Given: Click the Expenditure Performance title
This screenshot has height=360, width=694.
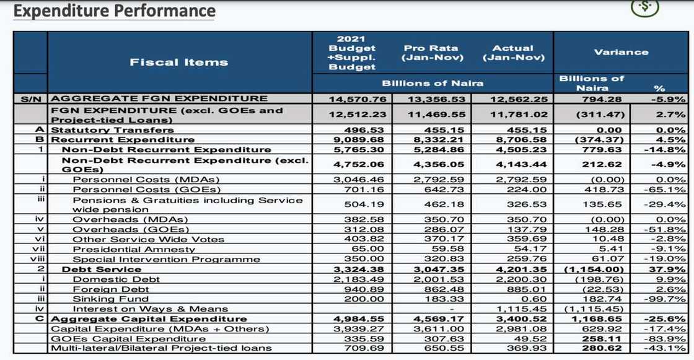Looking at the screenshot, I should click(115, 11).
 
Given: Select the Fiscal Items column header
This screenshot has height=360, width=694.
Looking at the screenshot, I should click(178, 62).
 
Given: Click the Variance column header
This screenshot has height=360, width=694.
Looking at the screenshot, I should click(620, 52).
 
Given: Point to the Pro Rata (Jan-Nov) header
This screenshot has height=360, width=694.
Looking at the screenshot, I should click(432, 53).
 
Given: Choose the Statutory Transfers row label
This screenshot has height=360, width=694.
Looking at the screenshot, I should click(112, 130).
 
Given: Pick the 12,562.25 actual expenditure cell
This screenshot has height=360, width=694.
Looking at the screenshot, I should click(512, 99).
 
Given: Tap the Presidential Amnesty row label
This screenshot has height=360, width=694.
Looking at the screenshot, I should click(134, 249).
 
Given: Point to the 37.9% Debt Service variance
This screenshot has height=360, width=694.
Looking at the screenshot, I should click(670, 270).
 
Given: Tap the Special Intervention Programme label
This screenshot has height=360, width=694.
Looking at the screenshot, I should click(166, 259).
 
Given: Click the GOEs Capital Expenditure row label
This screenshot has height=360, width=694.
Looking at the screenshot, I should click(128, 338).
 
